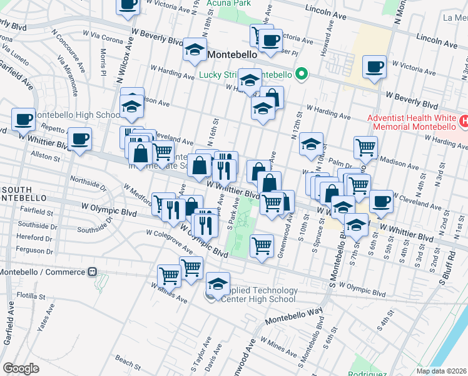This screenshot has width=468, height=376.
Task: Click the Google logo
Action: [21, 368]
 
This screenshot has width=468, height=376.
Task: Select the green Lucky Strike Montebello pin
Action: [302, 75]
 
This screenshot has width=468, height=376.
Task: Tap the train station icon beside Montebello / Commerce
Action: [92, 272]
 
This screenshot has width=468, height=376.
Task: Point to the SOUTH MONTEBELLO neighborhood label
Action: [25, 194]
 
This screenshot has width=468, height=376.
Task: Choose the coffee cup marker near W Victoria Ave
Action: [375, 67]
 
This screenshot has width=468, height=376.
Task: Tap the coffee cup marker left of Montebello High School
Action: [24, 118]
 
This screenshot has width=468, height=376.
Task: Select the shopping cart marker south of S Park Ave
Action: [262, 244]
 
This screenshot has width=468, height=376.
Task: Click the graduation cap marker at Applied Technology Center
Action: [217, 284]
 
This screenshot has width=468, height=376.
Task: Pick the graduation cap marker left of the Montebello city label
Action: [195, 49]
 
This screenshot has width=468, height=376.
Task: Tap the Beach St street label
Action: [128, 362]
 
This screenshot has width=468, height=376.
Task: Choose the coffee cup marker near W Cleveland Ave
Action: [381, 202]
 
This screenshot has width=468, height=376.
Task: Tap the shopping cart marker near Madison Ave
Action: [365, 148]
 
